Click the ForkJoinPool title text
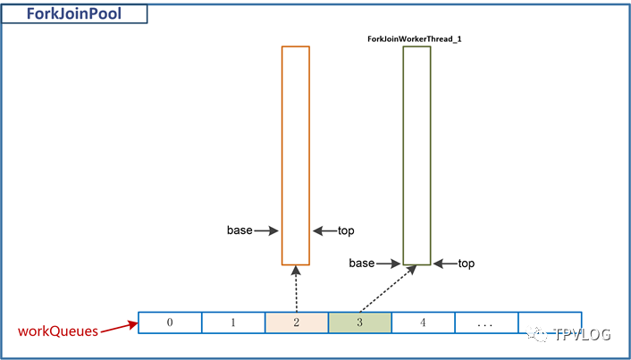click(74, 13)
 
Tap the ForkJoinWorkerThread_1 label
click(414, 39)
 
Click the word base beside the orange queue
click(240, 230)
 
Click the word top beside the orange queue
click(346, 230)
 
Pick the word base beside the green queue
click(362, 264)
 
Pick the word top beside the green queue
click(467, 264)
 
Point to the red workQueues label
click(58, 331)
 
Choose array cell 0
click(170, 322)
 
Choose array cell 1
click(233, 322)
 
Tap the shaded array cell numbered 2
click(297, 322)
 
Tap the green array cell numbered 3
click(360, 322)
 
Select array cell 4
click(424, 322)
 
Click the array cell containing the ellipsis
click(486, 322)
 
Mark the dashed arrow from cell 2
click(296, 289)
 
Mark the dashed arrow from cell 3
click(388, 289)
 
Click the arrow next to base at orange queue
click(266, 230)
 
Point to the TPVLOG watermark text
click(583, 334)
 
